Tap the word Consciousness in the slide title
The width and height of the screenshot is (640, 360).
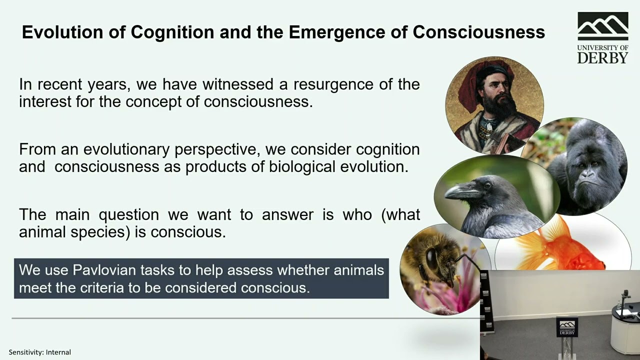tap(478, 32)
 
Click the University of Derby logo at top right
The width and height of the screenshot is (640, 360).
tap(602, 38)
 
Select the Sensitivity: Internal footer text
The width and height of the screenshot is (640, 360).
tap(40, 352)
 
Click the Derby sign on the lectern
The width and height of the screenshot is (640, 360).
tap(567, 327)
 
